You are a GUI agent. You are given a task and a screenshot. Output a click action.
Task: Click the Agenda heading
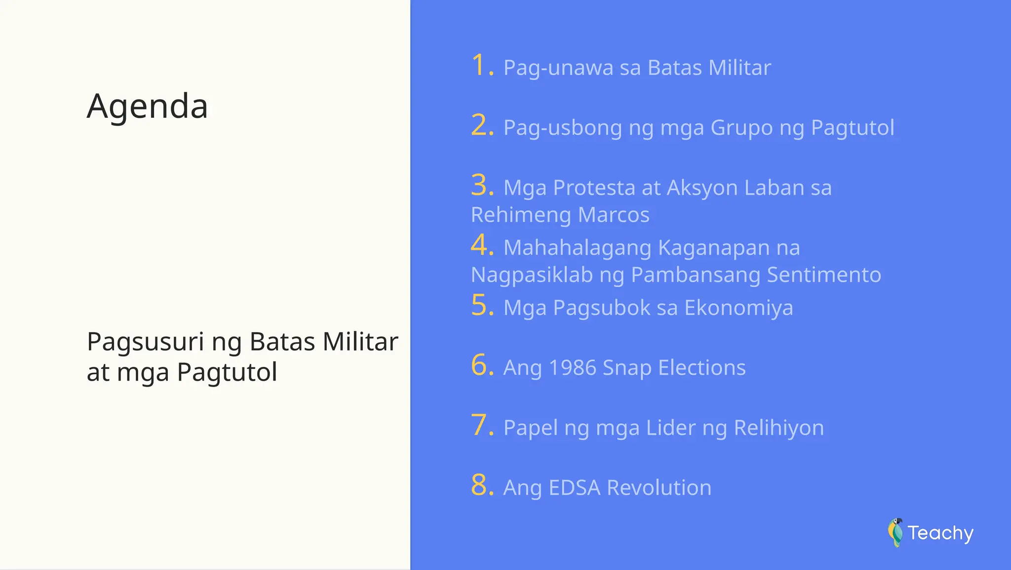click(x=147, y=107)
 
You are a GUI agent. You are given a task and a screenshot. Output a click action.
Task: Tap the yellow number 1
click(x=479, y=66)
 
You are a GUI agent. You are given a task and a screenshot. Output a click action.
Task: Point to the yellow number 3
click(x=480, y=185)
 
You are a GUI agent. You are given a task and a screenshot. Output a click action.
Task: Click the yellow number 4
click(x=480, y=245)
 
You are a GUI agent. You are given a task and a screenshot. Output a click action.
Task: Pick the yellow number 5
click(x=480, y=305)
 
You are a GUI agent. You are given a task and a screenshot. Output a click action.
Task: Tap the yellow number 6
click(x=480, y=365)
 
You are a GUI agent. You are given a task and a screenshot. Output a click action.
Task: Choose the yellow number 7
click(x=480, y=425)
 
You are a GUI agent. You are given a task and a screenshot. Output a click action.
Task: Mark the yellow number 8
click(x=480, y=485)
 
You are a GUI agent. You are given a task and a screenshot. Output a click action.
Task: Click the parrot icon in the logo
click(x=895, y=533)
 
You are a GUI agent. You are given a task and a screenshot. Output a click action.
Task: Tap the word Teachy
click(x=940, y=533)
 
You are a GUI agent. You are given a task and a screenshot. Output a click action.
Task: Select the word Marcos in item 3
click(x=614, y=215)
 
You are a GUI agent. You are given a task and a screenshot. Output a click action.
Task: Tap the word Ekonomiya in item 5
click(x=739, y=308)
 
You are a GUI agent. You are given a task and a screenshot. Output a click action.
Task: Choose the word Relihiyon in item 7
click(x=778, y=428)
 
